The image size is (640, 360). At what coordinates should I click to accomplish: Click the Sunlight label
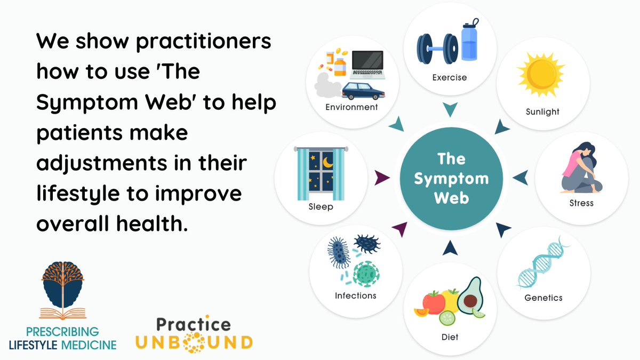(543, 111)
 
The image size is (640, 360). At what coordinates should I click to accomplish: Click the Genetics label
(542, 298)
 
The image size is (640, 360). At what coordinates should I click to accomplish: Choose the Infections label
(355, 295)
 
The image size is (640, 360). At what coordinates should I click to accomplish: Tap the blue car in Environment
(362, 91)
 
